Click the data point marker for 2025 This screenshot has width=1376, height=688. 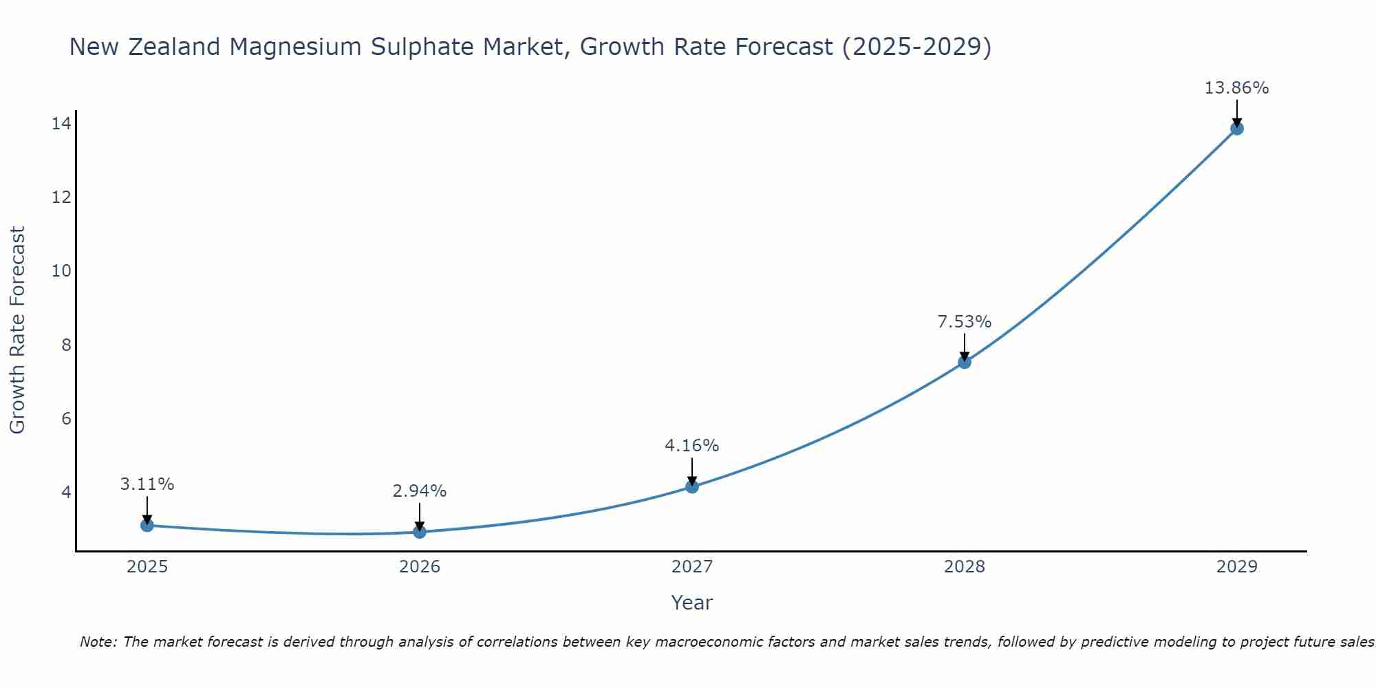[x=147, y=526]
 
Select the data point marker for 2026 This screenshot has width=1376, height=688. [x=420, y=532]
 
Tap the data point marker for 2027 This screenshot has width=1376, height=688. [x=692, y=487]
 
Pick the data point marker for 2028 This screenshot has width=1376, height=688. [x=965, y=363]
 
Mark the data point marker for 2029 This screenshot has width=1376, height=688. [x=1237, y=129]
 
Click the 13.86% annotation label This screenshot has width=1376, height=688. [x=1236, y=88]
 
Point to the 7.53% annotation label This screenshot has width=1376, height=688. [x=965, y=322]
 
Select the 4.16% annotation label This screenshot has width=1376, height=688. [x=691, y=446]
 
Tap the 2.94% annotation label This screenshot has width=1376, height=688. [x=419, y=491]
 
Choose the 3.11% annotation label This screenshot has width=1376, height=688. [x=147, y=484]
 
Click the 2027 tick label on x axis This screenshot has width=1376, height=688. [x=692, y=567]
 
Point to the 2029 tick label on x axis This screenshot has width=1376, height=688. [x=1237, y=567]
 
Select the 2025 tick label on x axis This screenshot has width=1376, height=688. [x=147, y=567]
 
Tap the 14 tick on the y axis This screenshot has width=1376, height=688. [x=61, y=124]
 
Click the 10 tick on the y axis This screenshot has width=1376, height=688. [x=61, y=271]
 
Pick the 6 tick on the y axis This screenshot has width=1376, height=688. [x=66, y=418]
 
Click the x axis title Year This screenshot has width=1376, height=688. [x=691, y=603]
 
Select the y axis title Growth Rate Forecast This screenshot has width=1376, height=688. [x=18, y=330]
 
